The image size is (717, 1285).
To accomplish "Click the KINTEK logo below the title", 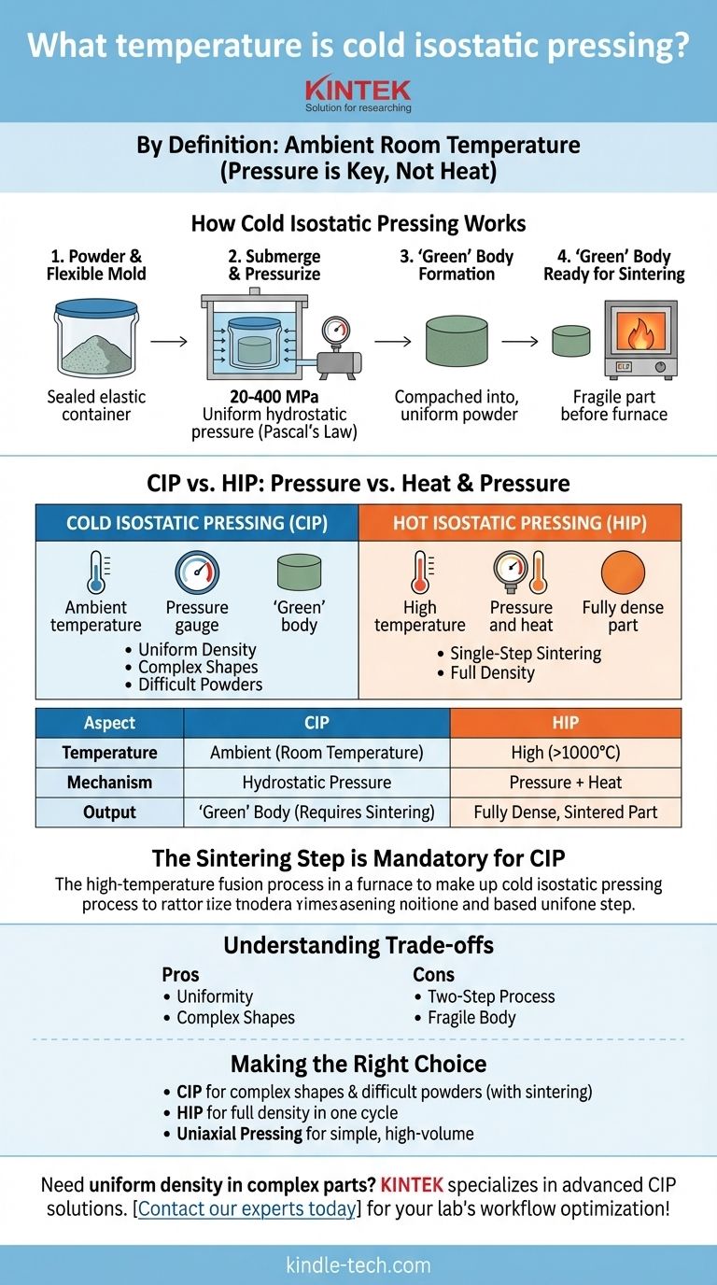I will click(x=358, y=91).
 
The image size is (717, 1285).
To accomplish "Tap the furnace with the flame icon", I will click(x=640, y=338).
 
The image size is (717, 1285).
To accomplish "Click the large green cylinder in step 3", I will click(x=457, y=343).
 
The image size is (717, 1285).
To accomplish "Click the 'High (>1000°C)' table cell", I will click(x=565, y=753).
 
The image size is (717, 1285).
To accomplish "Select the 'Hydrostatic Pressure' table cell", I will click(x=316, y=783).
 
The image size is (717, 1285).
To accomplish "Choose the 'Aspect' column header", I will click(x=109, y=723).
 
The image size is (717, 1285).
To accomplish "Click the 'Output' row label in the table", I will click(x=109, y=812).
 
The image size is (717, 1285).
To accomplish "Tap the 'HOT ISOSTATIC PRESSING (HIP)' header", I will click(x=519, y=522).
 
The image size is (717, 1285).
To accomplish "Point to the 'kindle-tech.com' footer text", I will click(x=358, y=1265).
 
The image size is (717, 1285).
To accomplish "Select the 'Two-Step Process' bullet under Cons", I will click(x=491, y=996).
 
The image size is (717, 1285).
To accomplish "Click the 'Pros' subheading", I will click(x=180, y=974).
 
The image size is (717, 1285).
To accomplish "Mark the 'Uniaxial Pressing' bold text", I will click(x=237, y=1135).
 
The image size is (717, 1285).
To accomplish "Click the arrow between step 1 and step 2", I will click(x=169, y=343).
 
